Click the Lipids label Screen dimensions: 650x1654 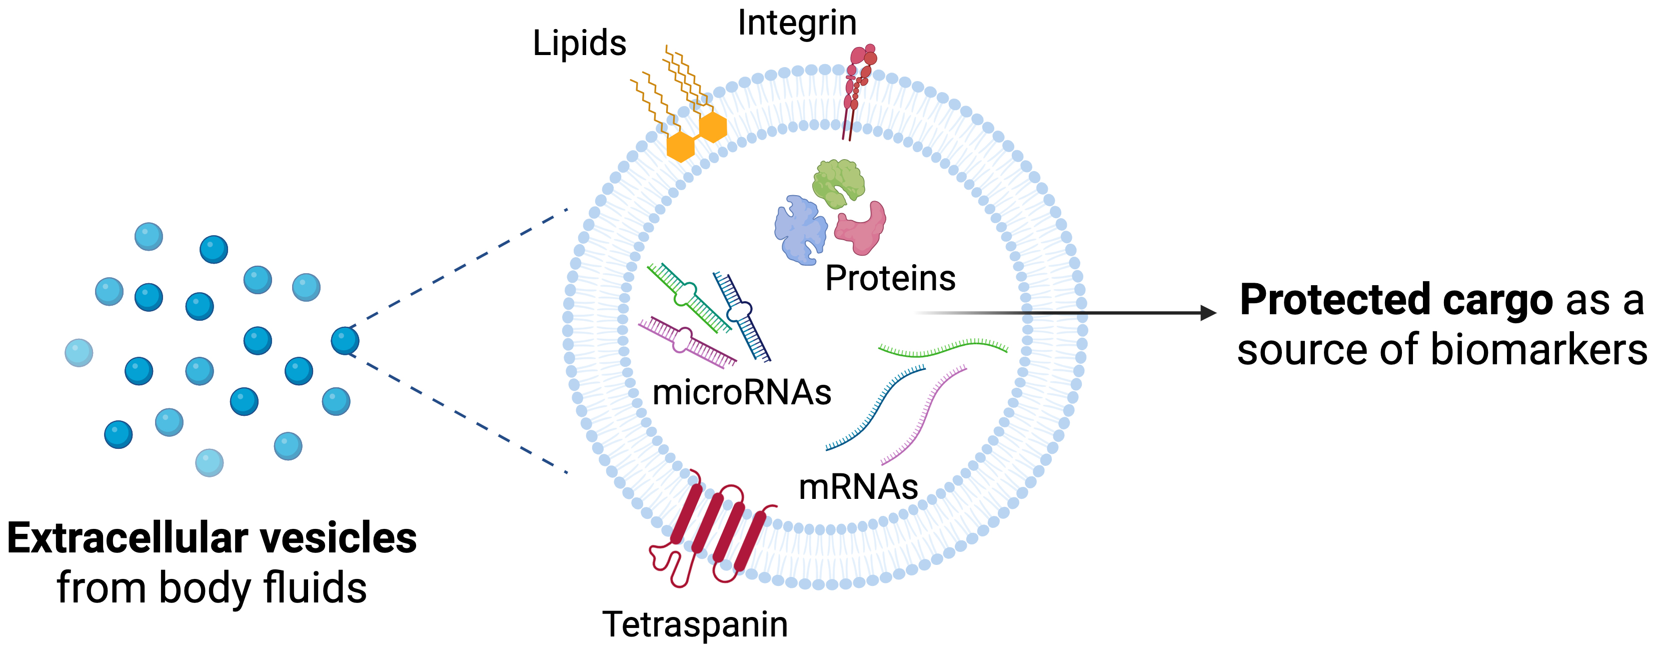click(x=579, y=44)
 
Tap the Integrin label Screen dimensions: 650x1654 click(x=797, y=23)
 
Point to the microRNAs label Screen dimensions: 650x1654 click(x=742, y=392)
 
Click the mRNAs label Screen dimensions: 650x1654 click(x=858, y=487)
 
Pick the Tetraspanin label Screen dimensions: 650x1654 click(x=695, y=624)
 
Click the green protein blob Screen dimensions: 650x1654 click(x=838, y=183)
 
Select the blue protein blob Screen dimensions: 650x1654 click(x=799, y=230)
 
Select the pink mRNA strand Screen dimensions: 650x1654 click(x=925, y=414)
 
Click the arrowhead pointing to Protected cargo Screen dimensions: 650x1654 click(x=1208, y=313)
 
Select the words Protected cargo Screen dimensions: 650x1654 click(x=1396, y=300)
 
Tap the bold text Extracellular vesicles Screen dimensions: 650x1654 click(x=212, y=538)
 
